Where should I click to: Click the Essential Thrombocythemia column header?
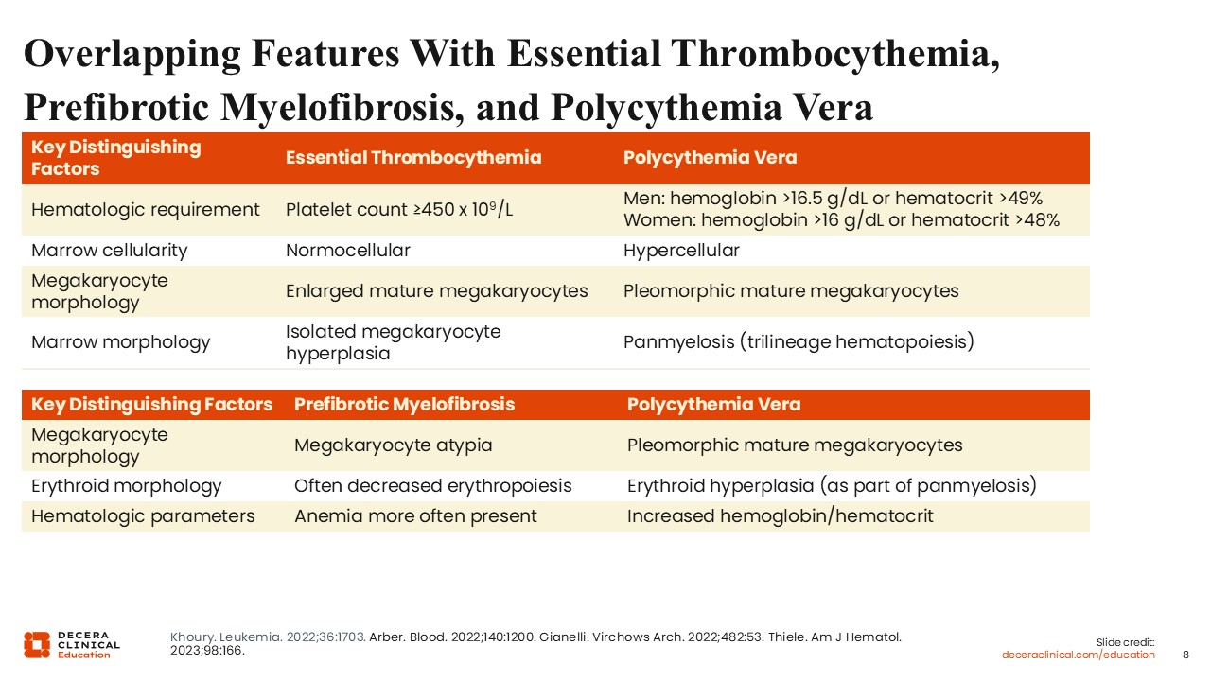413,157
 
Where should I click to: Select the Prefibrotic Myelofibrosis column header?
404,404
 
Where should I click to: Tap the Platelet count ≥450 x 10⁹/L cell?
399,209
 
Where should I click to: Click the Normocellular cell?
347,251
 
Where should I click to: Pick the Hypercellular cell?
681,251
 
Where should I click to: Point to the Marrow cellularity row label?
109,251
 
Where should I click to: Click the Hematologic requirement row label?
146,209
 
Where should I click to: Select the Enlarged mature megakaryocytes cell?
436,290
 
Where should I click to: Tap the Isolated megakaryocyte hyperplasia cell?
393,342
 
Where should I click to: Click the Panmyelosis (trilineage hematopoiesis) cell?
799,342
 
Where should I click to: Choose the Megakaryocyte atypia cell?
393,445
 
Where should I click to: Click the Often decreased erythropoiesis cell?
432,486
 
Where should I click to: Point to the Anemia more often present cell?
415,516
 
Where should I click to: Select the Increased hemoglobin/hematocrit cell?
781,516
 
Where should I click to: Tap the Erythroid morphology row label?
126,486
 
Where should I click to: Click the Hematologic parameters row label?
143,516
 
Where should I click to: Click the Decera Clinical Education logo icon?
37,645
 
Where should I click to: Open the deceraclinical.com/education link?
1078,655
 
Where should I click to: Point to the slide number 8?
1185,655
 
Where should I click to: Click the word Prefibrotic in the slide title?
116,107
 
